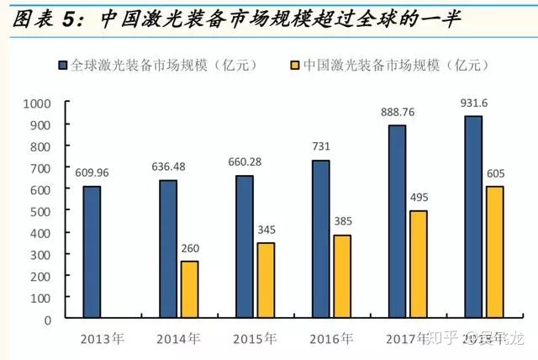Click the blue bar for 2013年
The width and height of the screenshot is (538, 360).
(x=92, y=252)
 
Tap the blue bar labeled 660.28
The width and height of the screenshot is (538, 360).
(x=245, y=247)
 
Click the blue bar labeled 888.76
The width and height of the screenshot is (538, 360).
(x=397, y=222)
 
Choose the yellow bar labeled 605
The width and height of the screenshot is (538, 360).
(x=494, y=252)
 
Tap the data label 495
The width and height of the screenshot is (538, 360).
(x=418, y=199)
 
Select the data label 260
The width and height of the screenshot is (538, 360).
(x=190, y=249)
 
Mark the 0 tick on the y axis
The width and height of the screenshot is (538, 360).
(x=47, y=320)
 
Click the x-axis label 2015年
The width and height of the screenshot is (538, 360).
(x=254, y=339)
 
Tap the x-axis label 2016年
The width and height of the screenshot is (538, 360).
(x=330, y=339)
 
